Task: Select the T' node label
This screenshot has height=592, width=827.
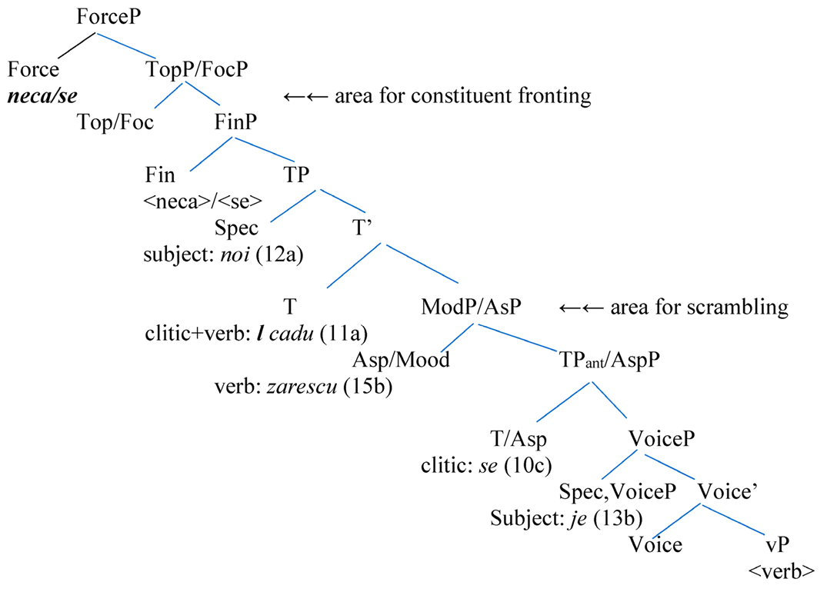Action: [364, 227]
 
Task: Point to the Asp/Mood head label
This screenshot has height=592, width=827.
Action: [400, 360]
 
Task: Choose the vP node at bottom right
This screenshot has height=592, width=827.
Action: [778, 544]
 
